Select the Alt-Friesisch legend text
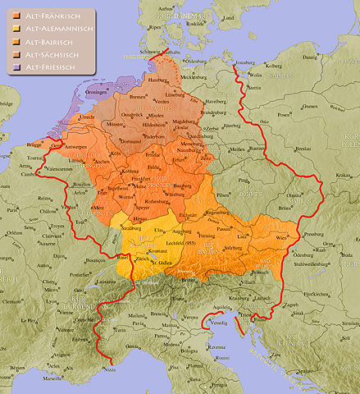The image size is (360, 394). point(48,66)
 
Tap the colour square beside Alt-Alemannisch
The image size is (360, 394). point(16,30)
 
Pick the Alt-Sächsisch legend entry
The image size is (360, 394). point(48,53)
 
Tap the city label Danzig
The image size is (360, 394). point(311,58)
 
